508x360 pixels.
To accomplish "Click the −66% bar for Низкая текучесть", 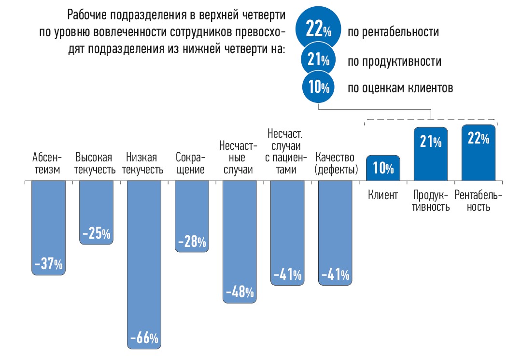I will click(x=143, y=266).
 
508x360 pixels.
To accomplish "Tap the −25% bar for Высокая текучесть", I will click(x=96, y=213).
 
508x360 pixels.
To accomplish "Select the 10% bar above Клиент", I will click(x=383, y=168).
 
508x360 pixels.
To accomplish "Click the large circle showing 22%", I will click(x=318, y=30).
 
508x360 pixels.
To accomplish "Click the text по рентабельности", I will click(x=393, y=32).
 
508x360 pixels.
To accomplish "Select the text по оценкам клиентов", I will click(x=400, y=88).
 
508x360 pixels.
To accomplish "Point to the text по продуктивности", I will click(x=395, y=61).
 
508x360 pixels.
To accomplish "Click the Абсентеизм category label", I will click(x=47, y=164).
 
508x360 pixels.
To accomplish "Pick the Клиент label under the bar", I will click(x=382, y=196).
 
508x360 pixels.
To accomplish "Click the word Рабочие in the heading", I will click(x=87, y=15).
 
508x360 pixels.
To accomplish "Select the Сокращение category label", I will click(x=191, y=164).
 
